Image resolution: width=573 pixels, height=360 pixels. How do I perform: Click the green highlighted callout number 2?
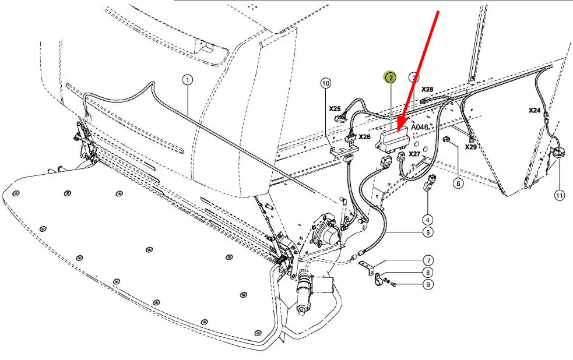pyautogui.click(x=391, y=77)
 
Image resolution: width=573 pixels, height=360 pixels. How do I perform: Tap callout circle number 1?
pyautogui.click(x=188, y=80)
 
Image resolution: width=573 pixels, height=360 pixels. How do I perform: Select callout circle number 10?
pyautogui.click(x=326, y=83)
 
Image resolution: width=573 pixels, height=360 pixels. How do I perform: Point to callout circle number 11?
pyautogui.click(x=560, y=196)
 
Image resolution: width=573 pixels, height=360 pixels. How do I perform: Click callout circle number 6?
pyautogui.click(x=458, y=183)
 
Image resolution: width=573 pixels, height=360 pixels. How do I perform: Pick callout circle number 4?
pyautogui.click(x=427, y=220)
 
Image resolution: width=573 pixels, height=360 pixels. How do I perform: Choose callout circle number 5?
pyautogui.click(x=428, y=232)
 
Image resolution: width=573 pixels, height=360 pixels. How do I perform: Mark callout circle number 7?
pyautogui.click(x=428, y=261)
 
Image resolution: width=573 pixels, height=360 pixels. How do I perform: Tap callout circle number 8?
pyautogui.click(x=428, y=273)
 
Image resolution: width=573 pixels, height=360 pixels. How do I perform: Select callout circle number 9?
pyautogui.click(x=428, y=284)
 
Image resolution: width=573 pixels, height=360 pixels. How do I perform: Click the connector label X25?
pyautogui.click(x=335, y=108)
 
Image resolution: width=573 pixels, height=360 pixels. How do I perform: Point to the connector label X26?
pyautogui.click(x=364, y=137)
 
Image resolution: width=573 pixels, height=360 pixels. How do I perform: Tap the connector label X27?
pyautogui.click(x=414, y=154)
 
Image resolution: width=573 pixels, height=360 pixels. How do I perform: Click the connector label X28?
pyautogui.click(x=427, y=89)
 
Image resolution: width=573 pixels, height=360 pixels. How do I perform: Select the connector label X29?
pyautogui.click(x=470, y=147)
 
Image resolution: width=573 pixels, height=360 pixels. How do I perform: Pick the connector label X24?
pyautogui.click(x=535, y=110)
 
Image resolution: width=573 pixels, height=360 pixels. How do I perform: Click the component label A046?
pyautogui.click(x=419, y=127)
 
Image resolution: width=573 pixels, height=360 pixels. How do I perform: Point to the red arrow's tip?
pyautogui.click(x=398, y=132)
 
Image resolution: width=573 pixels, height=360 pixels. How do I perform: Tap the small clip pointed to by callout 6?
pyautogui.click(x=446, y=139)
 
